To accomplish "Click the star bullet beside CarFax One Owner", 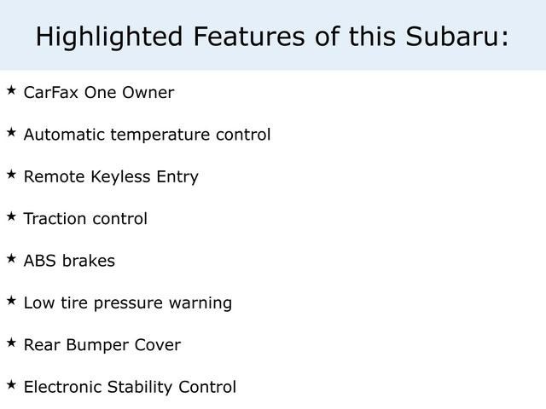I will (x=11, y=90).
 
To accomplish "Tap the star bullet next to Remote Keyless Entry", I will (x=11, y=174).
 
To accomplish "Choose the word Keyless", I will (x=117, y=177).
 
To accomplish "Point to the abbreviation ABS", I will (x=38, y=261).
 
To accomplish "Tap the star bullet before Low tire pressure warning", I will (x=11, y=300).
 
